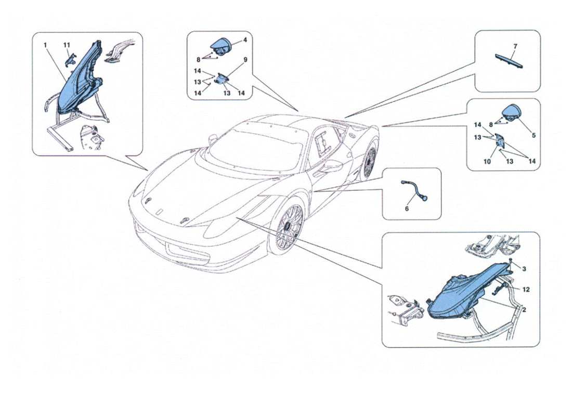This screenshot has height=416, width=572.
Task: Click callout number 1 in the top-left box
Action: (x=46, y=45)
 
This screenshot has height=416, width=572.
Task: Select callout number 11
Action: (x=67, y=45)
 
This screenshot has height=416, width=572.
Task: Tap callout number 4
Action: (x=245, y=40)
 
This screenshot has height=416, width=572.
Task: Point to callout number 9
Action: (x=245, y=60)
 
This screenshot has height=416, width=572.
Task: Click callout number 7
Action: (x=515, y=46)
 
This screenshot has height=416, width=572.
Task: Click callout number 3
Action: (x=524, y=269)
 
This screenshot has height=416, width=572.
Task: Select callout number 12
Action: (x=526, y=290)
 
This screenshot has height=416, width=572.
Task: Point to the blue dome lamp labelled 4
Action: (x=224, y=46)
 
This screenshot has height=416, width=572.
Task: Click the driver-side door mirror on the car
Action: (x=331, y=167)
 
